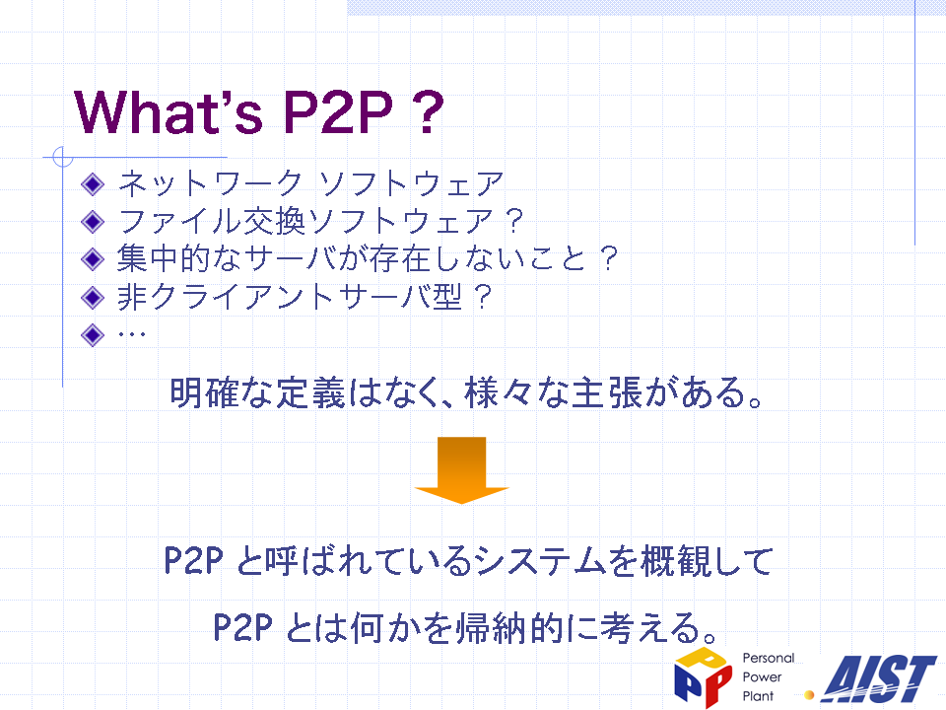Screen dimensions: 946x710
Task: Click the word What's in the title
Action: (x=169, y=111)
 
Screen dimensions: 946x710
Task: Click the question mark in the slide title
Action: (x=429, y=111)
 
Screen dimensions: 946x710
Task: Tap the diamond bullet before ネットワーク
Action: (x=93, y=184)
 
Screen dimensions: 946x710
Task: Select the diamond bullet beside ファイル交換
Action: (x=93, y=222)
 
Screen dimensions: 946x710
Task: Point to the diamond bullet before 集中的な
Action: (x=93, y=259)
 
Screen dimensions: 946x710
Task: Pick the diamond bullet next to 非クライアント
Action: (x=93, y=297)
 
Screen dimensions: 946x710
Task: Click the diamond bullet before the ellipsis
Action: (x=93, y=334)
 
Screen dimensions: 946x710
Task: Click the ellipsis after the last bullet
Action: (x=131, y=334)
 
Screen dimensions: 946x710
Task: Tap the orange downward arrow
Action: (x=461, y=469)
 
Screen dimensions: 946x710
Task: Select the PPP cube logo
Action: (x=703, y=677)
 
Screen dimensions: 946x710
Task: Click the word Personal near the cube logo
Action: (x=768, y=658)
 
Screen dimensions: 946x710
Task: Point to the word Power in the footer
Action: (x=762, y=676)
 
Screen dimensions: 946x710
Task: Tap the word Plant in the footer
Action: (x=758, y=696)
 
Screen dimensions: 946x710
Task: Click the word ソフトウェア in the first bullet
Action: (x=411, y=183)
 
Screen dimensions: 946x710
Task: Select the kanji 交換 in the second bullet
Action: (x=273, y=221)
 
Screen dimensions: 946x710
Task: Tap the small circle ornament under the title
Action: (x=62, y=157)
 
